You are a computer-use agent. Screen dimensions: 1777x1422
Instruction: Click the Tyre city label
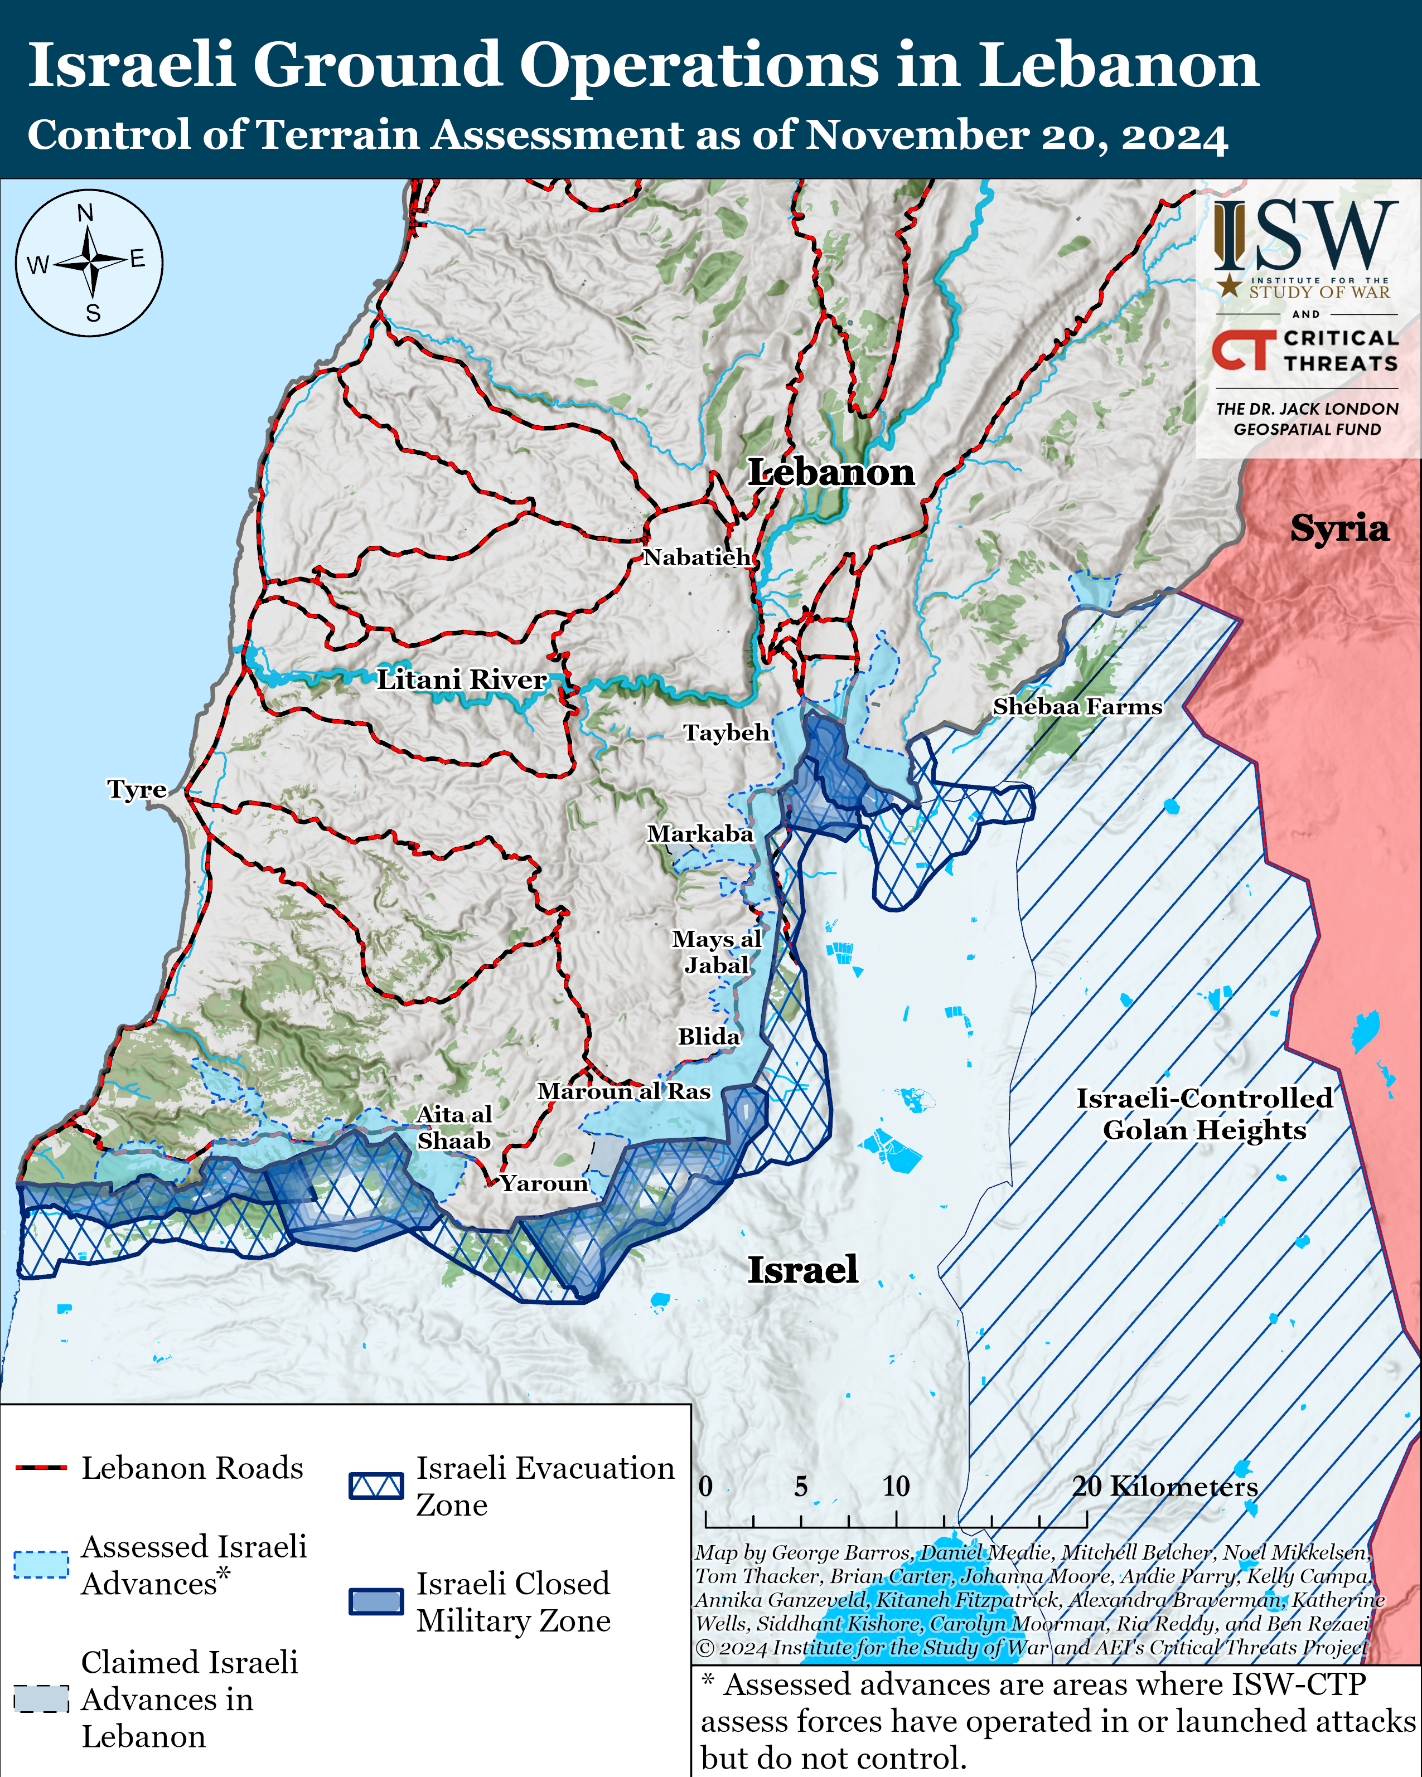[137, 790]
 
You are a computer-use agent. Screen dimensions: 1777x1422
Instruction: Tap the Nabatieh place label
[697, 557]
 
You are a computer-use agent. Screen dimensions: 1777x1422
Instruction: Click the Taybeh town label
[726, 733]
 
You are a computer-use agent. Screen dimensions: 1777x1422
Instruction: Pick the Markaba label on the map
[700, 834]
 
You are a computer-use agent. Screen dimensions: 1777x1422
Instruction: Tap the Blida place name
[709, 1036]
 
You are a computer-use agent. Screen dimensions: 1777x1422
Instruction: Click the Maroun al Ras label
[624, 1091]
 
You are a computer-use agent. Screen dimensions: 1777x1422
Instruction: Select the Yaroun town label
[544, 1183]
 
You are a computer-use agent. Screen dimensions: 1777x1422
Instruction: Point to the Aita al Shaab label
[454, 1128]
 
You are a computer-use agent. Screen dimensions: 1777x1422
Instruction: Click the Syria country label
[1339, 528]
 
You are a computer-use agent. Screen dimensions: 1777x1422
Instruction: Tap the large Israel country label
[802, 1269]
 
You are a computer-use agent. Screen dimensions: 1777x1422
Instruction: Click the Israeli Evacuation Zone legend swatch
[376, 1486]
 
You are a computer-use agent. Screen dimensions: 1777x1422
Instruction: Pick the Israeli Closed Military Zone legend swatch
[376, 1601]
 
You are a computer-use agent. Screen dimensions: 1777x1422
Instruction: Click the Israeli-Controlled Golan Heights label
[1205, 1114]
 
